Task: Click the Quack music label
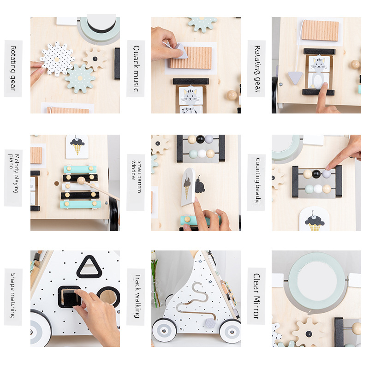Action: (136, 68)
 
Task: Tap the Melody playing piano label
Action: (13, 174)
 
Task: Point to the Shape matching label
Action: (13, 296)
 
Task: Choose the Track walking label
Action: (137, 296)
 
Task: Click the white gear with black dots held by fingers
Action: (57, 59)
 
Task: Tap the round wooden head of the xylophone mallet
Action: (81, 180)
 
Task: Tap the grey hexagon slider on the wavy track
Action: (210, 323)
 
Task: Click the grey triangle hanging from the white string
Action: (295, 77)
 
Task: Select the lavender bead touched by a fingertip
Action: (327, 174)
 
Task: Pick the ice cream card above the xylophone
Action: (77, 147)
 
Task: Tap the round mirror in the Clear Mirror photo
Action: (317, 281)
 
